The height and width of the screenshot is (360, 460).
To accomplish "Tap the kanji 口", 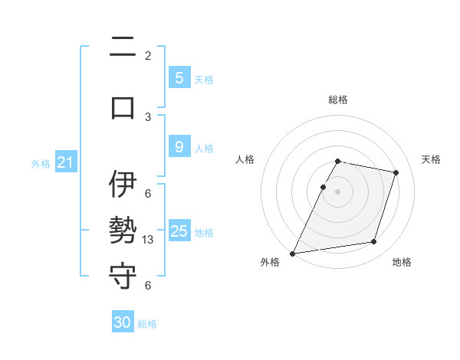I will [x=123, y=106].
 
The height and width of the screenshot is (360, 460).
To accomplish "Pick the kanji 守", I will [x=123, y=274].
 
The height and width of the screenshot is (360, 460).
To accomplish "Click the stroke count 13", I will [x=149, y=240].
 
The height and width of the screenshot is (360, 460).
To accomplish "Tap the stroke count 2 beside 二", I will [x=148, y=55].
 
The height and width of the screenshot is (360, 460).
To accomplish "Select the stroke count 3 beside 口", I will [x=148, y=116].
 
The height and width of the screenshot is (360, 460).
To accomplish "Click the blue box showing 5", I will [x=179, y=77].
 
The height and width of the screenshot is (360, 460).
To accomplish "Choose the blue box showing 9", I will [x=179, y=147].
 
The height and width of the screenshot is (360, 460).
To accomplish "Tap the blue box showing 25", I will [x=179, y=231].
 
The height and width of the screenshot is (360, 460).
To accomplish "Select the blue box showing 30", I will [x=123, y=322].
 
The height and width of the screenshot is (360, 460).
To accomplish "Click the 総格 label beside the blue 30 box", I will [x=147, y=324].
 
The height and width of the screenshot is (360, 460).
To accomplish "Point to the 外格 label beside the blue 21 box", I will [x=41, y=163].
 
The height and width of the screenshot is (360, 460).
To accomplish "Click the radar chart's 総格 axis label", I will [x=338, y=100].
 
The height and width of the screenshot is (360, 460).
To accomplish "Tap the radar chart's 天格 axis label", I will [x=431, y=159].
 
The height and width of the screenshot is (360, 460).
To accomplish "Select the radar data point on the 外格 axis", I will [x=293, y=254].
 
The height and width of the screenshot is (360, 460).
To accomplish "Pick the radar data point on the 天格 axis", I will [x=396, y=172].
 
